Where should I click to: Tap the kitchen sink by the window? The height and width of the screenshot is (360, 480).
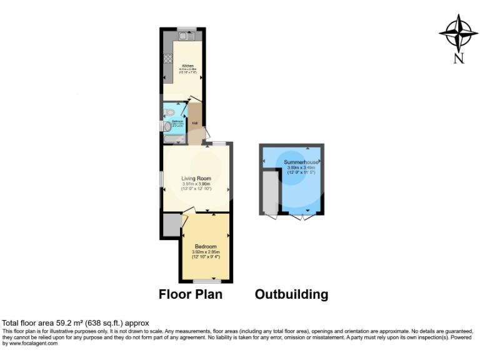click(x=186, y=36)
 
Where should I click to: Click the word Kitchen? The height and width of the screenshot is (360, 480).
click(x=188, y=66)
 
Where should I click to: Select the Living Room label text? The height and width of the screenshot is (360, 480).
click(x=196, y=178)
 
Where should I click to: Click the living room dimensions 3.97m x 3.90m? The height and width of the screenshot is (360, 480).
click(x=196, y=184)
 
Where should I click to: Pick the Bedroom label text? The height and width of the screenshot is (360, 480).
click(x=206, y=246)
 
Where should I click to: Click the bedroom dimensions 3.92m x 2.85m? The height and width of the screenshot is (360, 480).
click(x=206, y=252)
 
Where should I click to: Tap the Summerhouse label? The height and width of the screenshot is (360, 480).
click(x=301, y=162)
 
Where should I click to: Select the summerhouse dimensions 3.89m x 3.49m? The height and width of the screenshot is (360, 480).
click(x=301, y=167)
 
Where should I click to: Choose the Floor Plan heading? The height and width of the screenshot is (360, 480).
click(x=190, y=294)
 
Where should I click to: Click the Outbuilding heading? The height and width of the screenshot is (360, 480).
click(x=291, y=294)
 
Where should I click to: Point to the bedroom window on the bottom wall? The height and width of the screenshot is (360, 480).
click(x=206, y=281)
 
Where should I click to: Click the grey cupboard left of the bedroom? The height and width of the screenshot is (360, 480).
click(x=171, y=224)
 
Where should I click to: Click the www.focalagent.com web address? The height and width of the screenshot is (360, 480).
click(x=29, y=343)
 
